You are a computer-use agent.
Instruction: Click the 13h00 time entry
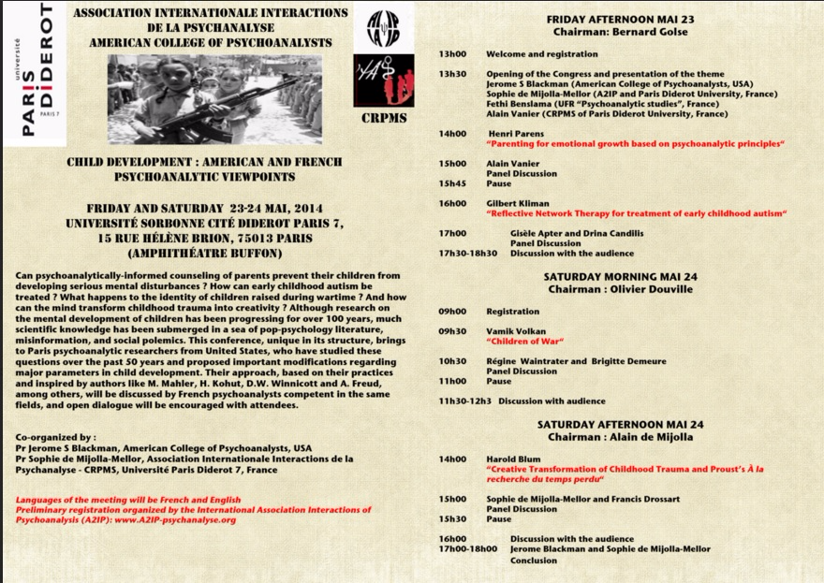[452, 52]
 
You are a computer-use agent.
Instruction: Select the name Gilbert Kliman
[519, 202]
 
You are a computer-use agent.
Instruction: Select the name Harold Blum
[515, 459]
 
